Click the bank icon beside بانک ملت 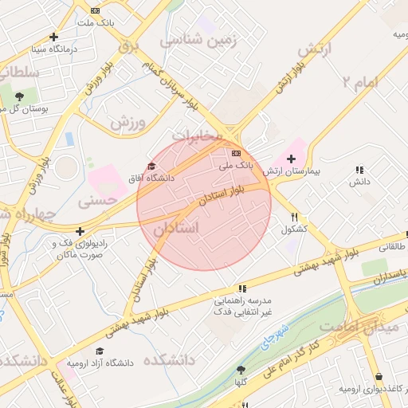point(96,10)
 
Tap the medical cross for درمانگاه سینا point(53,37)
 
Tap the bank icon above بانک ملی point(236,152)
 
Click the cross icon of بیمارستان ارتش point(291,159)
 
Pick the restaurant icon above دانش point(359,170)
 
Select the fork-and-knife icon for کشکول point(295,218)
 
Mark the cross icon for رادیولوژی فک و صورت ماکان point(79,232)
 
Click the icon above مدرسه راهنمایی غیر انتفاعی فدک point(241,288)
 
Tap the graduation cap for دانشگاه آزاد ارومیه point(100,351)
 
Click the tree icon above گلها point(241,370)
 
